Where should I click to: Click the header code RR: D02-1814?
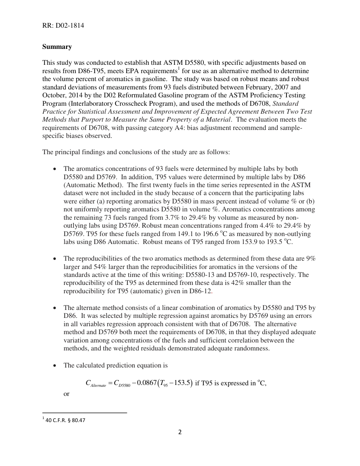[63, 26]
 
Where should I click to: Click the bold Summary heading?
[57, 47]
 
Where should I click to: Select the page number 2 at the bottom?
[180, 432]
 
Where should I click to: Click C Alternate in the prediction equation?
[96, 384]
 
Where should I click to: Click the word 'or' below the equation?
[66, 394]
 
